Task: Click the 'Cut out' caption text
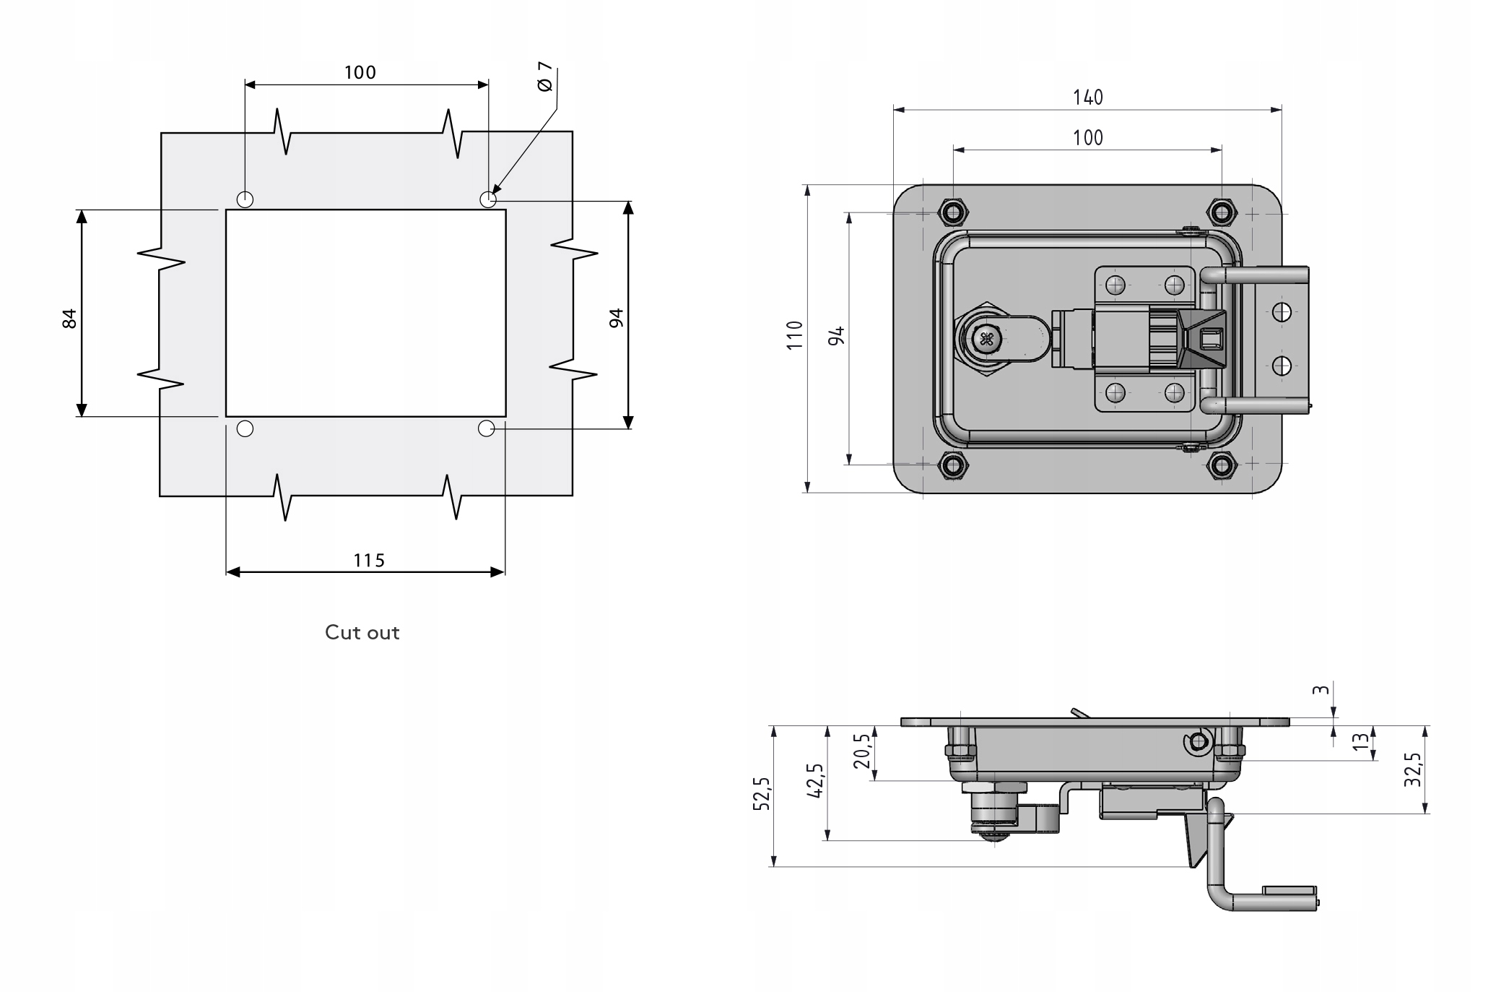362,632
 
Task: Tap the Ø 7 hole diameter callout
545,77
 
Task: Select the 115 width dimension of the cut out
369,560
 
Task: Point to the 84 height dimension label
69,318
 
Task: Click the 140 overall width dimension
1088,97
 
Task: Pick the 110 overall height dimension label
794,335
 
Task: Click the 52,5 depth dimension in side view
762,794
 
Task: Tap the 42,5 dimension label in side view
814,780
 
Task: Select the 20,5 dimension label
862,751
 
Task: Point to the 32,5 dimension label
1413,769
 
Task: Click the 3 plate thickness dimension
1321,690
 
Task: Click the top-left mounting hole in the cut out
245,199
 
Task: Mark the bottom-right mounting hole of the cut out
487,428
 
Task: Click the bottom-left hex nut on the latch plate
953,465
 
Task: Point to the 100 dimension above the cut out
360,72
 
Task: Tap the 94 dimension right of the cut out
616,318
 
